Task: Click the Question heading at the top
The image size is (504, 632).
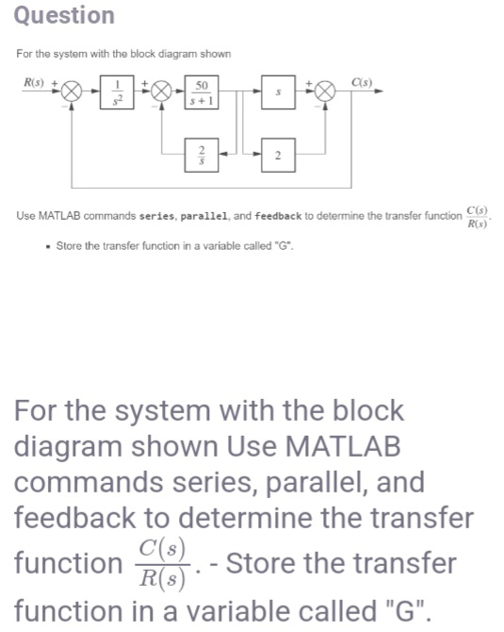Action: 65,16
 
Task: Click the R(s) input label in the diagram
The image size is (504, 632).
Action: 35,84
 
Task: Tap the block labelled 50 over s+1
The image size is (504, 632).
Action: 203,95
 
